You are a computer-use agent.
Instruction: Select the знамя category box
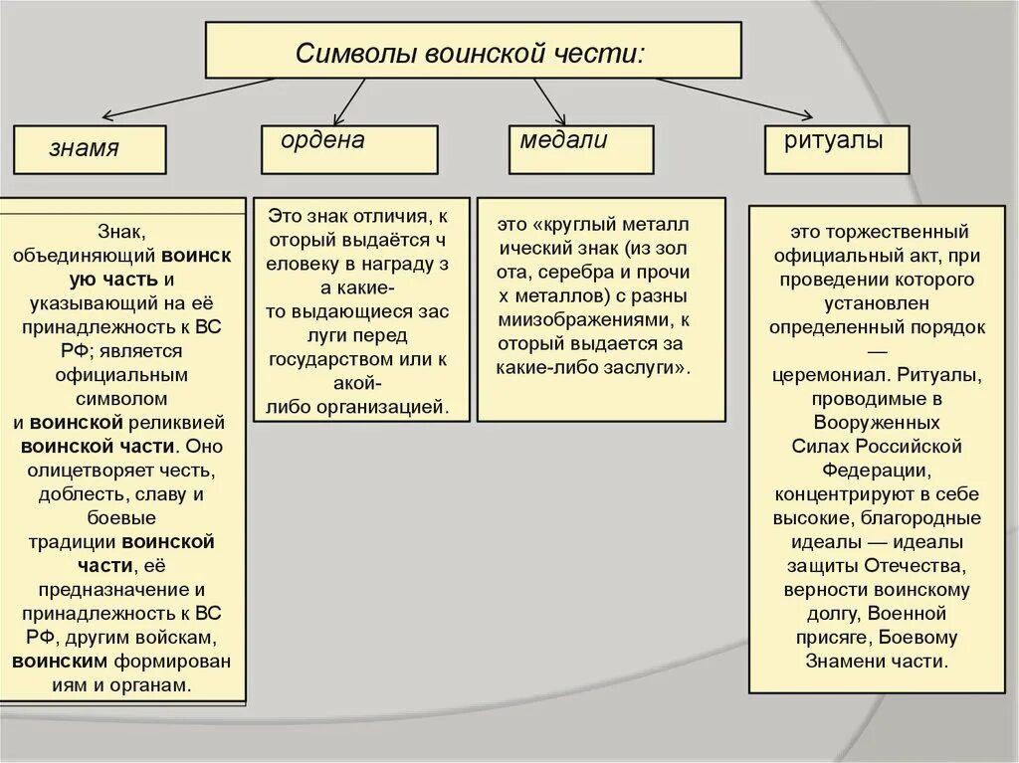[89, 150]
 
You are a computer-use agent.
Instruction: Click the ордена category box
[349, 149]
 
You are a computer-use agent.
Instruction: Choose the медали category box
[580, 149]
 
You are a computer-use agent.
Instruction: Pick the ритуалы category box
[836, 149]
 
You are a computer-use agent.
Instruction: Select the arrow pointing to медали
[548, 100]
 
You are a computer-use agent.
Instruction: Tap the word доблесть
[86, 494]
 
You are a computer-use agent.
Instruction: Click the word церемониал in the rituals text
[829, 375]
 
